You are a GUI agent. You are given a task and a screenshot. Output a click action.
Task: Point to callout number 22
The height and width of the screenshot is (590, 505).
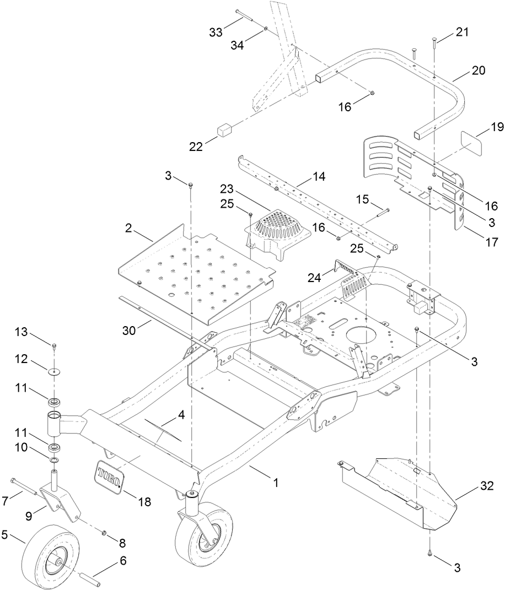click(x=196, y=146)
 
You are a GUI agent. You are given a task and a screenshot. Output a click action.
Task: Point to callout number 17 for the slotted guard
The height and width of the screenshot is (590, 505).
click(x=491, y=242)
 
